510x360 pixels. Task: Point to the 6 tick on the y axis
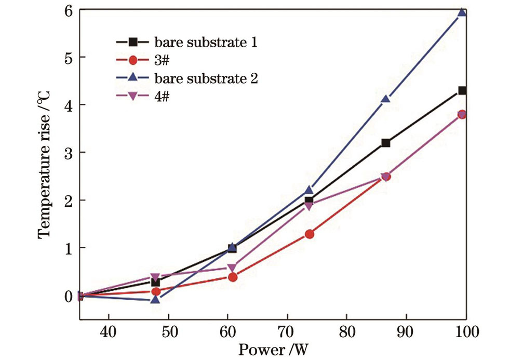(68, 10)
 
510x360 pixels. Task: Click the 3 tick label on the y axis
(68, 153)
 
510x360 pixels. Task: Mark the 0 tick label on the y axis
(68, 296)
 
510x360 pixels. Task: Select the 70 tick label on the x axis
(287, 330)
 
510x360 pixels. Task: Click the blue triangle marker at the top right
(462, 12)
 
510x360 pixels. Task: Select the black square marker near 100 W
(462, 90)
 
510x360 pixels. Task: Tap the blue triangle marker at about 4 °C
(385, 99)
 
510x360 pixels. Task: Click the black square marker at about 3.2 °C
(385, 143)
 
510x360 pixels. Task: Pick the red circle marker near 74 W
(309, 234)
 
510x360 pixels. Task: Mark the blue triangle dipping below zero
(155, 300)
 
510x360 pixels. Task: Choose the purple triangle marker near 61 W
(232, 268)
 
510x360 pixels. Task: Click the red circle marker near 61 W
(232, 277)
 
